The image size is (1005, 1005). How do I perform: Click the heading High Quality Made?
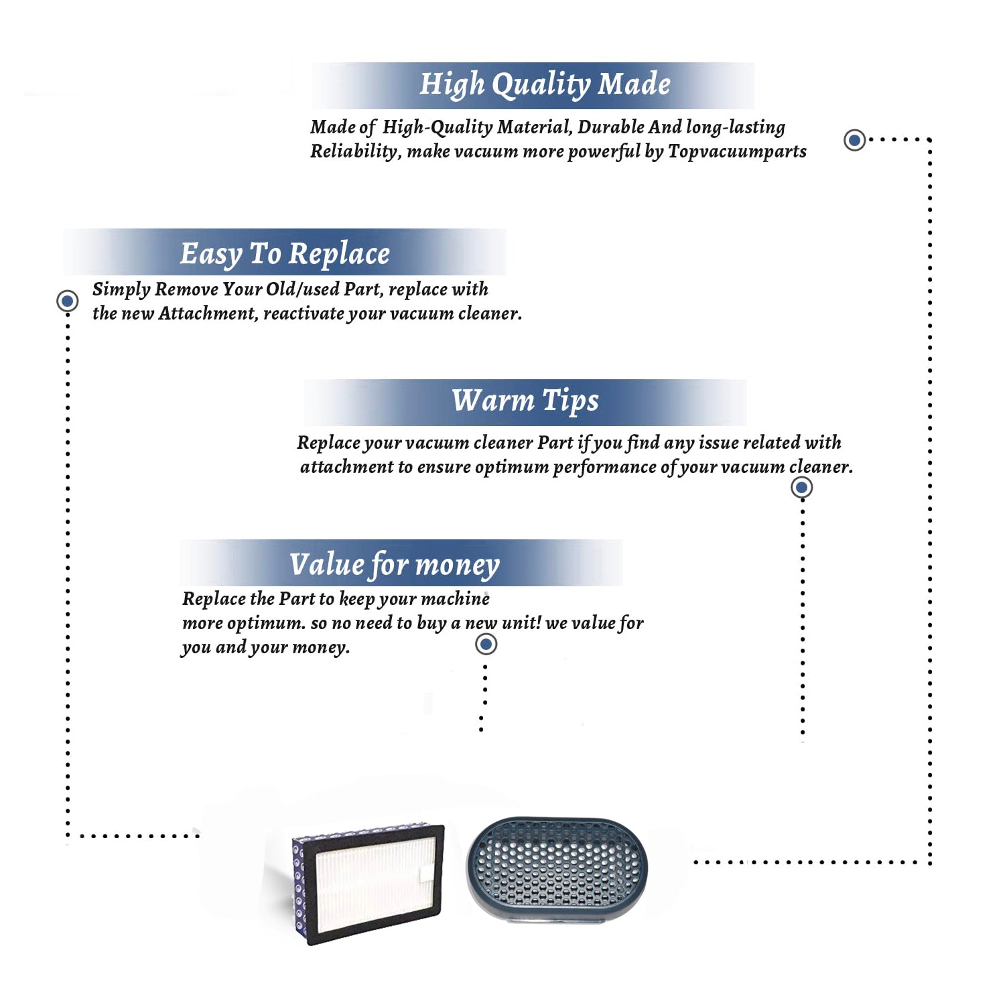pos(545,85)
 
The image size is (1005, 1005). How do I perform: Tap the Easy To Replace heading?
pos(285,254)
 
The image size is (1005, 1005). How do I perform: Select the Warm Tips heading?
pos(525,401)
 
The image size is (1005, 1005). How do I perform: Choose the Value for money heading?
pos(395,564)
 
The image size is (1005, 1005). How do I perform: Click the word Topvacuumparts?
pos(737,152)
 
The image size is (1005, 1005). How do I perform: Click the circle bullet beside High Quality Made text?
pos(854,140)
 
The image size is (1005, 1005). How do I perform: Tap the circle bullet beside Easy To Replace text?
pos(67,301)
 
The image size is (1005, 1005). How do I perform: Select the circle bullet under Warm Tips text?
pos(802,487)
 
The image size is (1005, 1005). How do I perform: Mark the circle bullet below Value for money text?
pos(486,644)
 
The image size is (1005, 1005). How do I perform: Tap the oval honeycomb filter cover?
pos(557,869)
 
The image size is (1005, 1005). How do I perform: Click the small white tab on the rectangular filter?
pos(426,873)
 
